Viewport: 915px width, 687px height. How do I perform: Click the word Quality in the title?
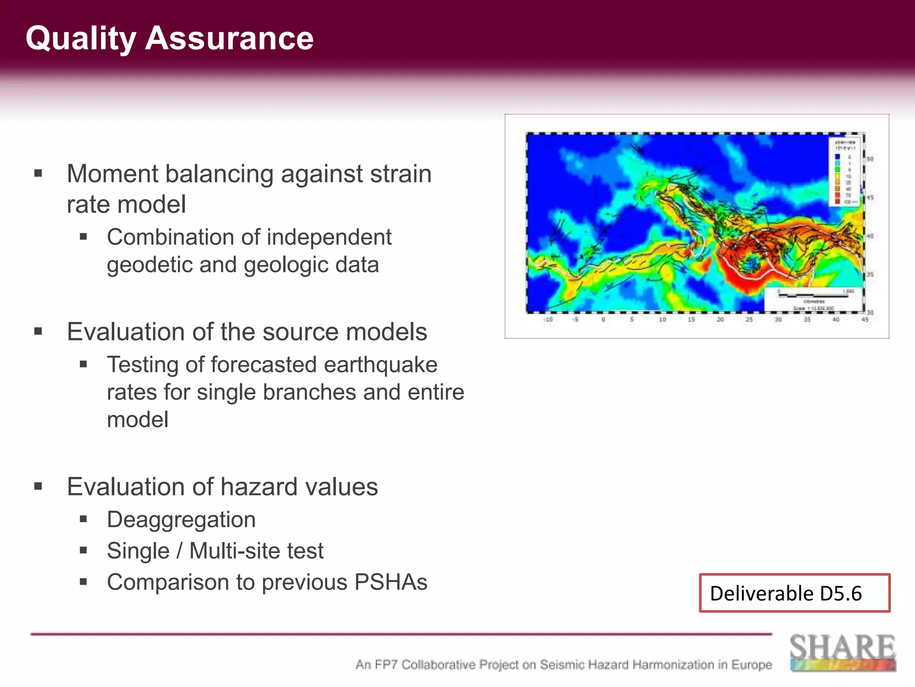click(x=80, y=38)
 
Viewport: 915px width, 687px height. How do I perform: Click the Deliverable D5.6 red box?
click(x=794, y=593)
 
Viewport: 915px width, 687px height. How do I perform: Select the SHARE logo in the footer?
click(x=843, y=652)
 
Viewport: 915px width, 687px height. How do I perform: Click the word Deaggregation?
click(x=181, y=520)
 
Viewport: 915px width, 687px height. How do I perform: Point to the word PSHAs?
click(x=391, y=582)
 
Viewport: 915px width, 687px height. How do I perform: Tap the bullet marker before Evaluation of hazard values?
click(x=38, y=486)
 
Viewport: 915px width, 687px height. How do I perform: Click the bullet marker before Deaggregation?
click(x=83, y=519)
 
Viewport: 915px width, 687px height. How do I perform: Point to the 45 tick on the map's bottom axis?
click(x=865, y=320)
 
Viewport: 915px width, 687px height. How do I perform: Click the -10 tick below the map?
click(x=548, y=320)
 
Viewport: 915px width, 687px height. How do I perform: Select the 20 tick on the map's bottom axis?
click(x=720, y=320)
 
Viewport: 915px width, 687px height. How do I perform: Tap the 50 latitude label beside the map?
click(x=870, y=159)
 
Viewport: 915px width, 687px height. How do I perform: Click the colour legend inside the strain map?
click(x=845, y=172)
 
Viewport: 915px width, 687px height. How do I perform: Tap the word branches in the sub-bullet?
click(x=309, y=392)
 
